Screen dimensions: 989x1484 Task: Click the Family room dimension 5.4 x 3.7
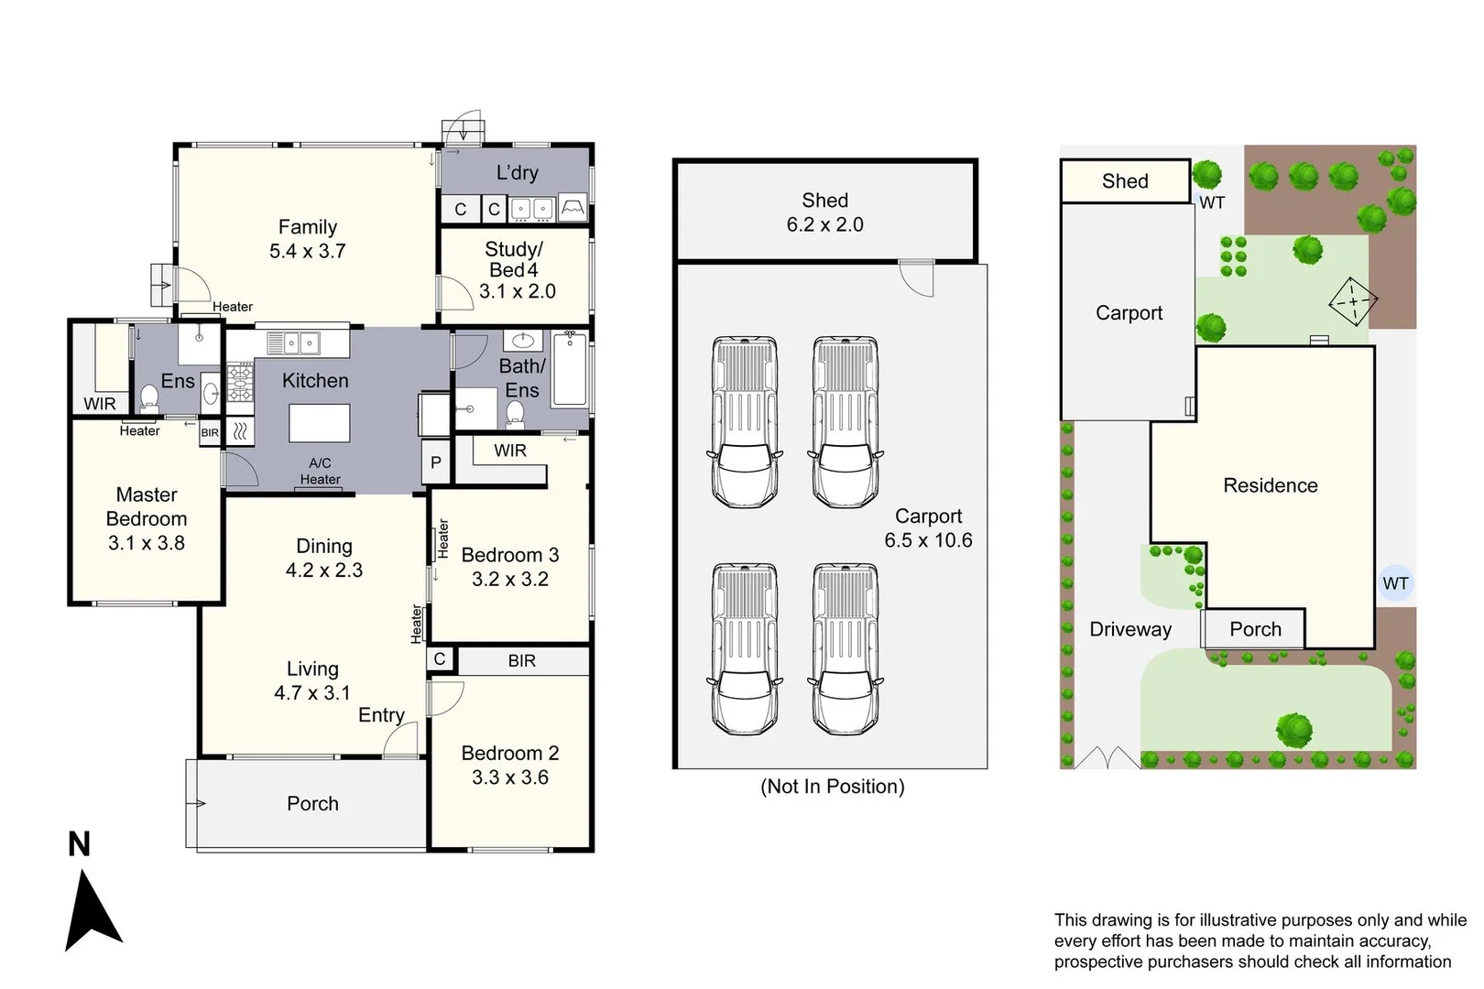pos(307,251)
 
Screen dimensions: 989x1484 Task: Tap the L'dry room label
pos(517,172)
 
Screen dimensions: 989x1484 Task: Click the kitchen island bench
pos(319,423)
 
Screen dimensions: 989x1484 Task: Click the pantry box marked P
pos(436,462)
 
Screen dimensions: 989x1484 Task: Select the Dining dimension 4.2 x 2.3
pos(323,570)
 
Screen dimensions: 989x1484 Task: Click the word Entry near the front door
pos(381,715)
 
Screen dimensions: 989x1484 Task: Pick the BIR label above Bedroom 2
pos(521,660)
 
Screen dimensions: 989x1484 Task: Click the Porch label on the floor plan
pos(312,803)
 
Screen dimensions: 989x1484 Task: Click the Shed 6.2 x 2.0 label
pos(824,212)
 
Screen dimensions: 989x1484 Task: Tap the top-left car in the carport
pos(744,421)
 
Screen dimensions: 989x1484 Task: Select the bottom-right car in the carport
pos(844,648)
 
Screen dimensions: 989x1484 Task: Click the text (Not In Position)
pos(832,786)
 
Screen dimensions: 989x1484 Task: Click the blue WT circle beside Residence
pos(1395,583)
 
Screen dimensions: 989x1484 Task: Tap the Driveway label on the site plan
pos(1129,629)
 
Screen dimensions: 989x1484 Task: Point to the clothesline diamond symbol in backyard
pos(1352,300)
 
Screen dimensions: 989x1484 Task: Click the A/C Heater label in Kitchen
pos(320,471)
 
